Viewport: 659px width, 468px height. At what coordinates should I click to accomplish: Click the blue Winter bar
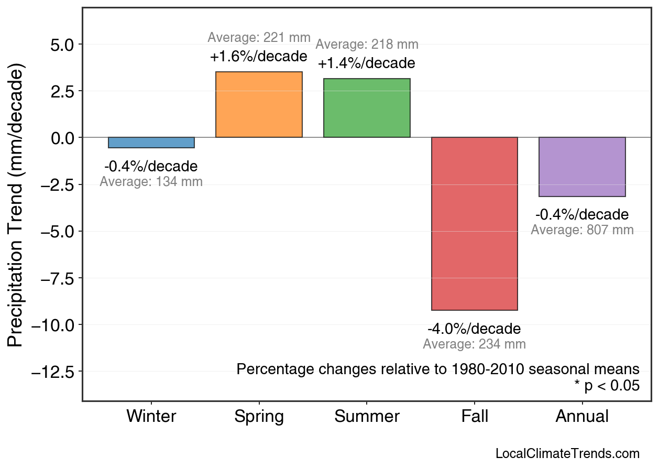pos(151,143)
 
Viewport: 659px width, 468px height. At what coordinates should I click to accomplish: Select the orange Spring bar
pos(259,105)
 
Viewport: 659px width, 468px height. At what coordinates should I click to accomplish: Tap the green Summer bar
pos(367,108)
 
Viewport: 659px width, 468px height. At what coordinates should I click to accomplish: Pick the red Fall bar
pos(474,224)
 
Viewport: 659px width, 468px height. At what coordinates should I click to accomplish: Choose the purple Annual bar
pos(582,167)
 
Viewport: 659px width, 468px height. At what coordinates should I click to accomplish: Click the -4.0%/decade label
pos(474,329)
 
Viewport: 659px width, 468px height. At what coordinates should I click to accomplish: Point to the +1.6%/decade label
pos(259,57)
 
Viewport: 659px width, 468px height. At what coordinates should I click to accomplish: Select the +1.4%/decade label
pos(367,63)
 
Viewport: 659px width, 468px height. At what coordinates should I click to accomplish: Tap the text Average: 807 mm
pos(582,230)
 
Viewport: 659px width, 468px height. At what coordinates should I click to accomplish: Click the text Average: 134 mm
pos(151,182)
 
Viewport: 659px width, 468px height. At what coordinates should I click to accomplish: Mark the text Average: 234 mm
pos(474,344)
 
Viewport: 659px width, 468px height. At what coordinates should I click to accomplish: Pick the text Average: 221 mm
pos(259,38)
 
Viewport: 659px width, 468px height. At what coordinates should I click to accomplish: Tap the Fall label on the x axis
pos(474,417)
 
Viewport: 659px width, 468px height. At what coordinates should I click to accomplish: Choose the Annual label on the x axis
pos(582,417)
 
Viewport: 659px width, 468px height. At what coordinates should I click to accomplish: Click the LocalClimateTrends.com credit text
pos(567,453)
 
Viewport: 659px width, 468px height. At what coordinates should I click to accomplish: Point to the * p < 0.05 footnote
pos(607,386)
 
